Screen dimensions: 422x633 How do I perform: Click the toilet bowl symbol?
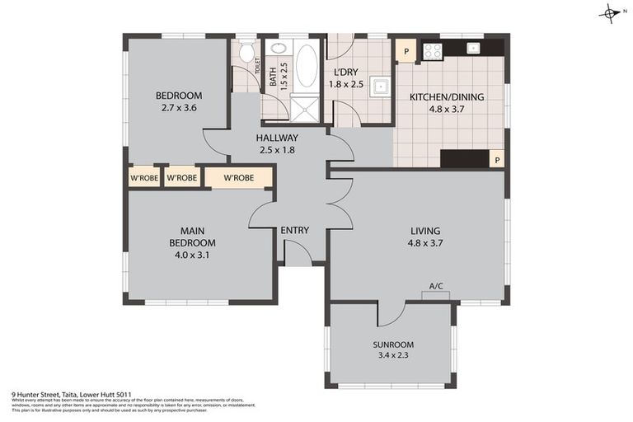(x=246, y=54)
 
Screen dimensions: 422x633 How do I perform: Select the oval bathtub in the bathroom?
(x=306, y=66)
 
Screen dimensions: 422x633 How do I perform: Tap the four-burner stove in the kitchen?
(x=433, y=51)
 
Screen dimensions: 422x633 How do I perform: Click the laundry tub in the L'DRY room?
(x=379, y=87)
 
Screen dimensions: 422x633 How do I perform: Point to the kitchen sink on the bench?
(x=473, y=49)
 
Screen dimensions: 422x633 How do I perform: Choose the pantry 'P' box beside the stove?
(x=405, y=51)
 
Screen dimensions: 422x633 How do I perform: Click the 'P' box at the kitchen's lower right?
(x=496, y=160)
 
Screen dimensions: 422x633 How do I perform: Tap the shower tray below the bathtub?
(x=306, y=107)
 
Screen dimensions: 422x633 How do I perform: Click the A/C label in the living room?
(x=436, y=287)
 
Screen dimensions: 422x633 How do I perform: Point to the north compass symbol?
(x=611, y=13)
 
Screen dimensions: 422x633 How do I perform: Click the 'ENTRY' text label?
(x=294, y=230)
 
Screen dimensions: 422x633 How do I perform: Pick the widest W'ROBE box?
(x=238, y=177)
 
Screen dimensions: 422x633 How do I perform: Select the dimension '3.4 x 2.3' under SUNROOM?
(x=392, y=356)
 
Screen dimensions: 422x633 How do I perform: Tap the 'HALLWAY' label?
(x=277, y=138)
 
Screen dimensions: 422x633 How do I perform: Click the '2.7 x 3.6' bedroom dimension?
(x=179, y=107)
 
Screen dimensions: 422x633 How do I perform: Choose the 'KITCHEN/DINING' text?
(x=447, y=96)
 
